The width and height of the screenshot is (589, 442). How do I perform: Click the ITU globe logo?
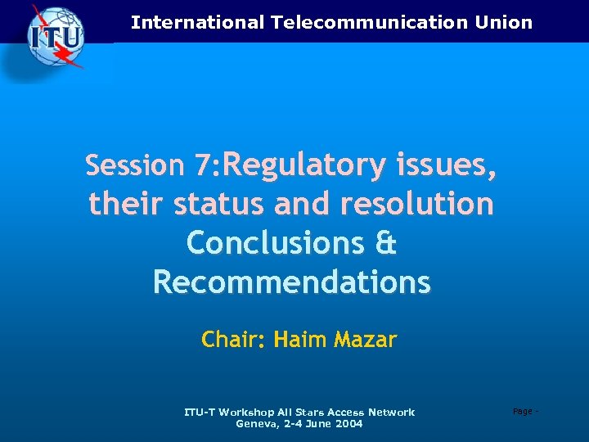(x=56, y=36)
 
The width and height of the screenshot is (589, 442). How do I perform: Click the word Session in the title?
(x=135, y=166)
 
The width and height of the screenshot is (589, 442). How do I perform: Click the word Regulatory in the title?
(x=303, y=165)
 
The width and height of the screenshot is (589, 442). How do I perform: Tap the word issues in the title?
(x=446, y=165)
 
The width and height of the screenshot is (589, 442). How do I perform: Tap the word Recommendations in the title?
(x=291, y=282)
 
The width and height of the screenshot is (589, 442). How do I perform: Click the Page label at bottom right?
(x=521, y=411)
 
